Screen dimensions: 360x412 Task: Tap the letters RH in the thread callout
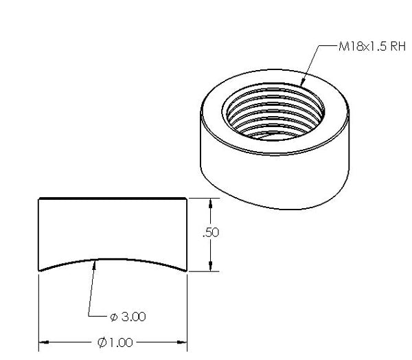[x=398, y=47]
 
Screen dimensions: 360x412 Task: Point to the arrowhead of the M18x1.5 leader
[x=303, y=82]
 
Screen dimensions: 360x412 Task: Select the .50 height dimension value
[x=211, y=233]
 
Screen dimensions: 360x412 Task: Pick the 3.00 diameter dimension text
[x=131, y=317]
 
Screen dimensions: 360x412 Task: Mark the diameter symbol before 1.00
[x=101, y=342]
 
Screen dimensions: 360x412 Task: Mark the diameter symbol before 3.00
[x=113, y=317]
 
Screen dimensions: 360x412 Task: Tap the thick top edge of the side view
[x=113, y=199]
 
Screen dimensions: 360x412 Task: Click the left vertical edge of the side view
[x=38, y=234]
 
